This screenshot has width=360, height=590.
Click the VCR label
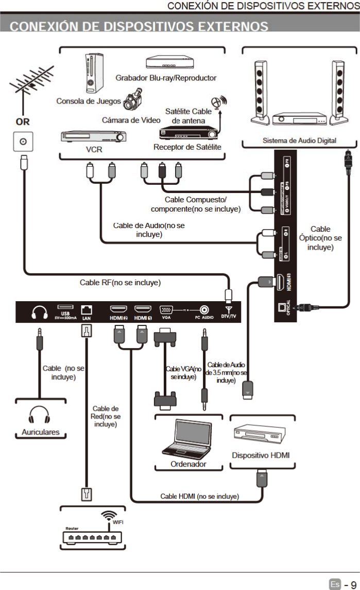click(x=94, y=150)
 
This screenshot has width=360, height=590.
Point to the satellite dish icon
click(x=218, y=102)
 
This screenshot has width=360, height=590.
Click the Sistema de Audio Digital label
click(x=299, y=141)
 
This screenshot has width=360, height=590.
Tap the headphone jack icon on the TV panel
click(x=39, y=312)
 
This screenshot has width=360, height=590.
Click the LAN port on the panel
click(x=87, y=309)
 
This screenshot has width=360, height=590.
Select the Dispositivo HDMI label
click(x=261, y=455)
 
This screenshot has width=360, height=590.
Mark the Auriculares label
click(x=40, y=432)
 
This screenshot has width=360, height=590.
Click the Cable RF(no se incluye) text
click(x=120, y=283)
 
